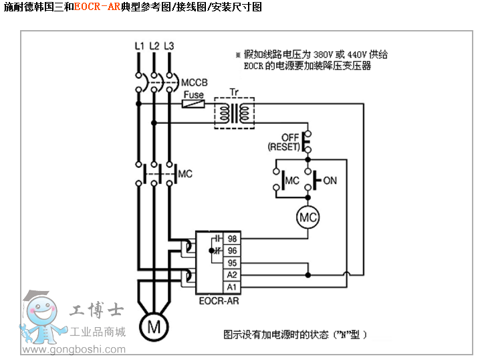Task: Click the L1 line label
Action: point(139,46)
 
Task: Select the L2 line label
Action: point(154,46)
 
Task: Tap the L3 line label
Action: point(169,46)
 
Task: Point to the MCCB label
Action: point(194,82)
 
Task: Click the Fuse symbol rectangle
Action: point(194,104)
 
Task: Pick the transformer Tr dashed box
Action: point(234,111)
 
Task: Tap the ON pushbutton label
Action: point(330,181)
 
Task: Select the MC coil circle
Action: point(308,217)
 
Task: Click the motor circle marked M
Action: point(154,327)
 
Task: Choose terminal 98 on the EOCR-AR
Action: point(232,239)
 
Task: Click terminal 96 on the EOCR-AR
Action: point(232,251)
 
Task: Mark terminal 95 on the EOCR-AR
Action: point(232,263)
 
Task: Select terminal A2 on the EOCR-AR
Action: point(232,275)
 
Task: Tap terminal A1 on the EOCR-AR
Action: point(232,287)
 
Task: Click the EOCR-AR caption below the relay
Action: point(218,301)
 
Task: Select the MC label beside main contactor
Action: point(185,174)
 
